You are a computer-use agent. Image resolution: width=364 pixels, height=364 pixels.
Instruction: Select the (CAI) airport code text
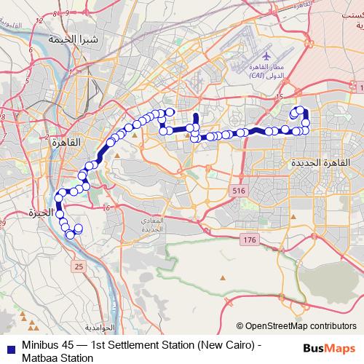(x=258, y=75)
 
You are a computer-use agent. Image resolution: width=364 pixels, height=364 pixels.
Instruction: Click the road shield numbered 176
(x=250, y=240)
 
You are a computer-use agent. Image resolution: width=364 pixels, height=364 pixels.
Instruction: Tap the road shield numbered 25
(x=79, y=267)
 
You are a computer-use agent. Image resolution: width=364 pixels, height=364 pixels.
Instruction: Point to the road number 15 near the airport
(x=279, y=96)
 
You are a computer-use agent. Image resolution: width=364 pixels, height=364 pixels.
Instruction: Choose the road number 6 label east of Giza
(x=107, y=208)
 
